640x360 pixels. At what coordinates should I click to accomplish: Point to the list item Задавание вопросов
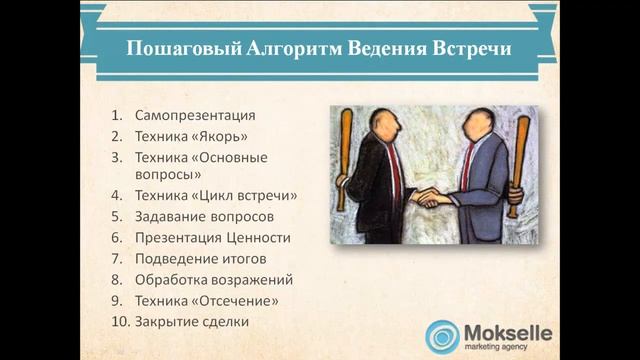204,216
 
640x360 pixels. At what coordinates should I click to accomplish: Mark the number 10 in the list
118,321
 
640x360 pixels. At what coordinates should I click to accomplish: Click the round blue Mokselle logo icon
442,336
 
